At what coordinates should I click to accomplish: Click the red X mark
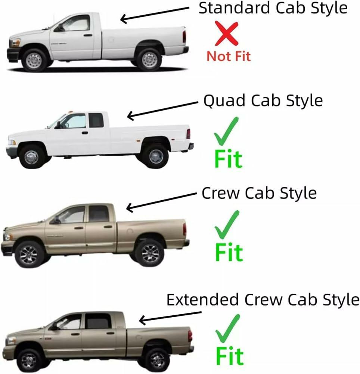pos(226,33)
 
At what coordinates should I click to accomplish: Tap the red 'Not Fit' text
pos(229,56)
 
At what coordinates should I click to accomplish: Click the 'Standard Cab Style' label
pos(273,9)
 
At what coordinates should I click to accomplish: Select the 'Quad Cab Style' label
pos(263,101)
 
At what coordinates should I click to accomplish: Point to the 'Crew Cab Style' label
pos(259,193)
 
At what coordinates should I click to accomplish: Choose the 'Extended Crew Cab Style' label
pos(263,300)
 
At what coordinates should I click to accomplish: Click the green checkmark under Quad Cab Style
pos(226,131)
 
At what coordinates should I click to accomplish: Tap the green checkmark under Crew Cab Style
pos(227,225)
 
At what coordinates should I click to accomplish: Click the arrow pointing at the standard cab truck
pos(155,15)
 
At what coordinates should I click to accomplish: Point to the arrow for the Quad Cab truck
pos(162,110)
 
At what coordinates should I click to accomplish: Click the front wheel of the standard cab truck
pos(34,61)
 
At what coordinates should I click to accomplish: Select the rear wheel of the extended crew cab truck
pos(157,360)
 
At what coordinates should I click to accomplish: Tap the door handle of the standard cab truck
pos(88,35)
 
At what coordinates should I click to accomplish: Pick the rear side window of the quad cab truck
pos(96,120)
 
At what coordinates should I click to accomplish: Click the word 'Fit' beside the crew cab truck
pos(229,252)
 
